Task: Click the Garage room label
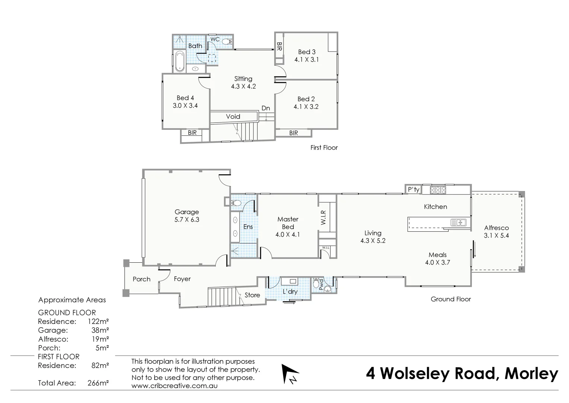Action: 187,212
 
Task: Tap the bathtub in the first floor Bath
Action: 179,61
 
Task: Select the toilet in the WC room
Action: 227,41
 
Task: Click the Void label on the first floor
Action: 233,116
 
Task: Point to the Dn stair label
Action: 265,108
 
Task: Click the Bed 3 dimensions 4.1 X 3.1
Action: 306,59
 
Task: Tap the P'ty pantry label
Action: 414,190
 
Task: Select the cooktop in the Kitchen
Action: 438,190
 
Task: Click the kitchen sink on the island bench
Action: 458,223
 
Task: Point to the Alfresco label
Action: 496,228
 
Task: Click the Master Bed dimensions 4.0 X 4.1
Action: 287,235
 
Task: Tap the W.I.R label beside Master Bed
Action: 323,218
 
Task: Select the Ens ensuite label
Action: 248,227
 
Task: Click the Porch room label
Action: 142,279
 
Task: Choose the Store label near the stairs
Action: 252,295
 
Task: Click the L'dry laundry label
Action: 290,291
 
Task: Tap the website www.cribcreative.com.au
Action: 174,386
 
